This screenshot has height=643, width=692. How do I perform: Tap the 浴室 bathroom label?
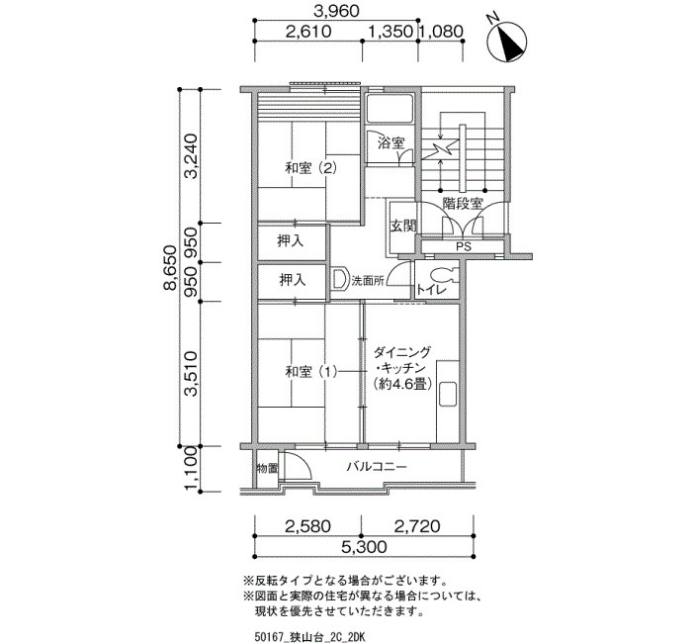tap(391, 143)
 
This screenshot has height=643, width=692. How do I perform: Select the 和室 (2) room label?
tap(311, 168)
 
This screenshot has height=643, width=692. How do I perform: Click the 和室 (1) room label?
tap(311, 372)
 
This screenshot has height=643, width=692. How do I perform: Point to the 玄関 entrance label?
tap(403, 227)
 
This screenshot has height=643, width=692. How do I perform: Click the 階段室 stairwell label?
tap(463, 204)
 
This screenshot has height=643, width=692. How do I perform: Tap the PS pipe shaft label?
tap(464, 247)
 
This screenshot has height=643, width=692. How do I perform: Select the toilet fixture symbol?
tap(443, 275)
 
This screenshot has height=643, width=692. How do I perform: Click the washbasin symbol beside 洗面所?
tap(339, 279)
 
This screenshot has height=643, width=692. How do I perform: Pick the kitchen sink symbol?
tap(448, 395)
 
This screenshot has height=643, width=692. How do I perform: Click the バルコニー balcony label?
tap(377, 467)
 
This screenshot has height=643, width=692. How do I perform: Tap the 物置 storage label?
tap(267, 468)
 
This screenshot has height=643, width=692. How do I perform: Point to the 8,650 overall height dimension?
tap(170, 268)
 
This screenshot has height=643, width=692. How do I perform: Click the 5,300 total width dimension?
tap(364, 547)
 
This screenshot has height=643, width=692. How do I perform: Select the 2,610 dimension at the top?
tap(308, 32)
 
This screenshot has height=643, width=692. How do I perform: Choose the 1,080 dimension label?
tap(441, 32)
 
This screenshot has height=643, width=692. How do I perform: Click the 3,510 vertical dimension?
tap(191, 374)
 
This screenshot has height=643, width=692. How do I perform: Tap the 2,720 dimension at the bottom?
tap(417, 526)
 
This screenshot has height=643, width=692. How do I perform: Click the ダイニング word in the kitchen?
tap(401, 352)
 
